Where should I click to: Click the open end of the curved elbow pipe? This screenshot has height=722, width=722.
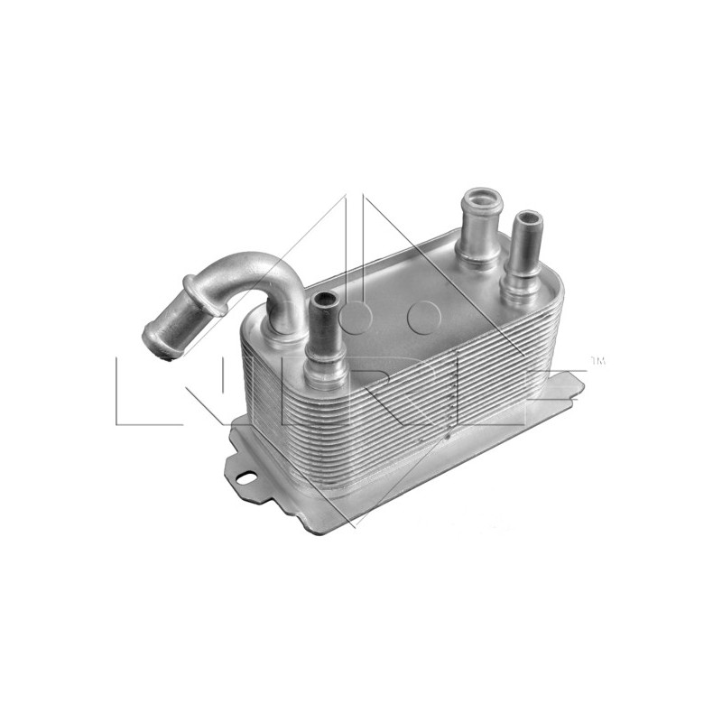(x=155, y=342)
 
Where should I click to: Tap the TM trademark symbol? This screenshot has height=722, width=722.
(x=597, y=362)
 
